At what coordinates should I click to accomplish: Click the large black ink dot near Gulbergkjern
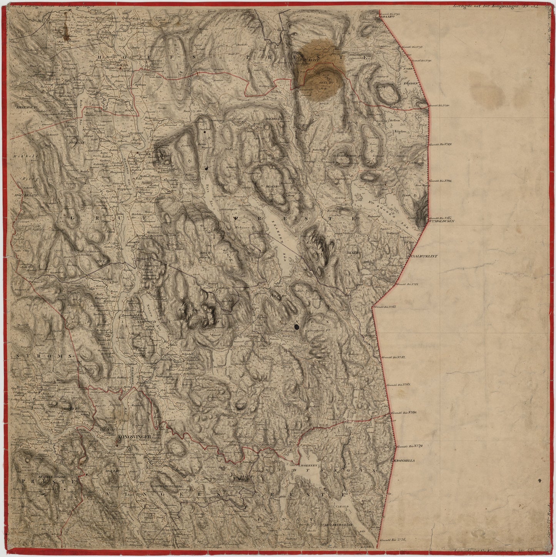[x=297, y=327]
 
